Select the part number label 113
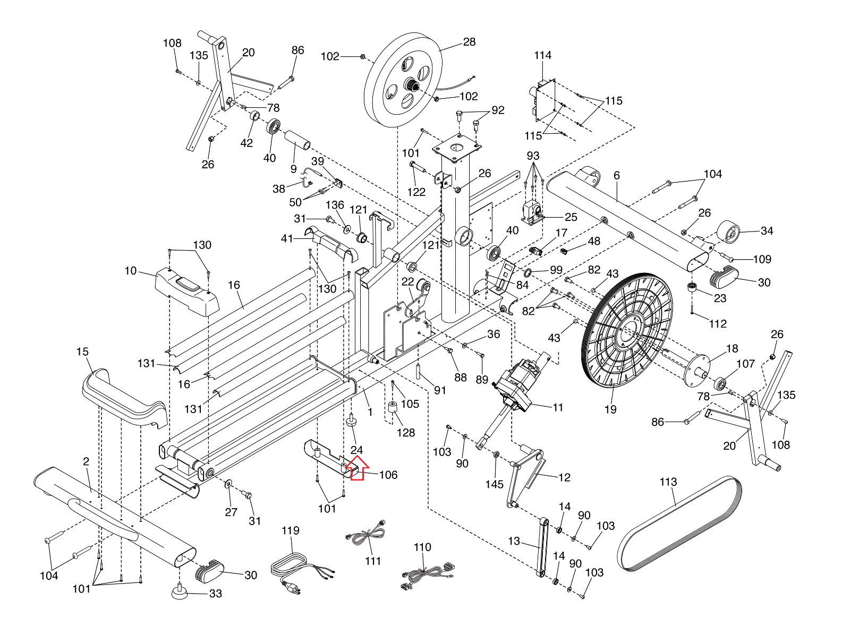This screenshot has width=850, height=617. [x=668, y=482]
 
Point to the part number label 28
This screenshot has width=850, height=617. [x=469, y=41]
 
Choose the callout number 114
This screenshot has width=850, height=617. [x=542, y=55]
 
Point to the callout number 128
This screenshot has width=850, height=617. [x=406, y=432]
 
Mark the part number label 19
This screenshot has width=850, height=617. [x=610, y=409]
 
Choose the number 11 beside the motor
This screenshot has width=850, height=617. [x=558, y=407]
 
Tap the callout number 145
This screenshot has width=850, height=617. [x=494, y=484]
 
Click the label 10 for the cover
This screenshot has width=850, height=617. [x=131, y=271]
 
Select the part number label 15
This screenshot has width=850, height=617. [x=82, y=352]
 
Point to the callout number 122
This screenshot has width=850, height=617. [x=416, y=192]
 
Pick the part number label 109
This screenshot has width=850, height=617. [x=762, y=259]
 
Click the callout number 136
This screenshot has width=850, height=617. [x=335, y=205]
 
